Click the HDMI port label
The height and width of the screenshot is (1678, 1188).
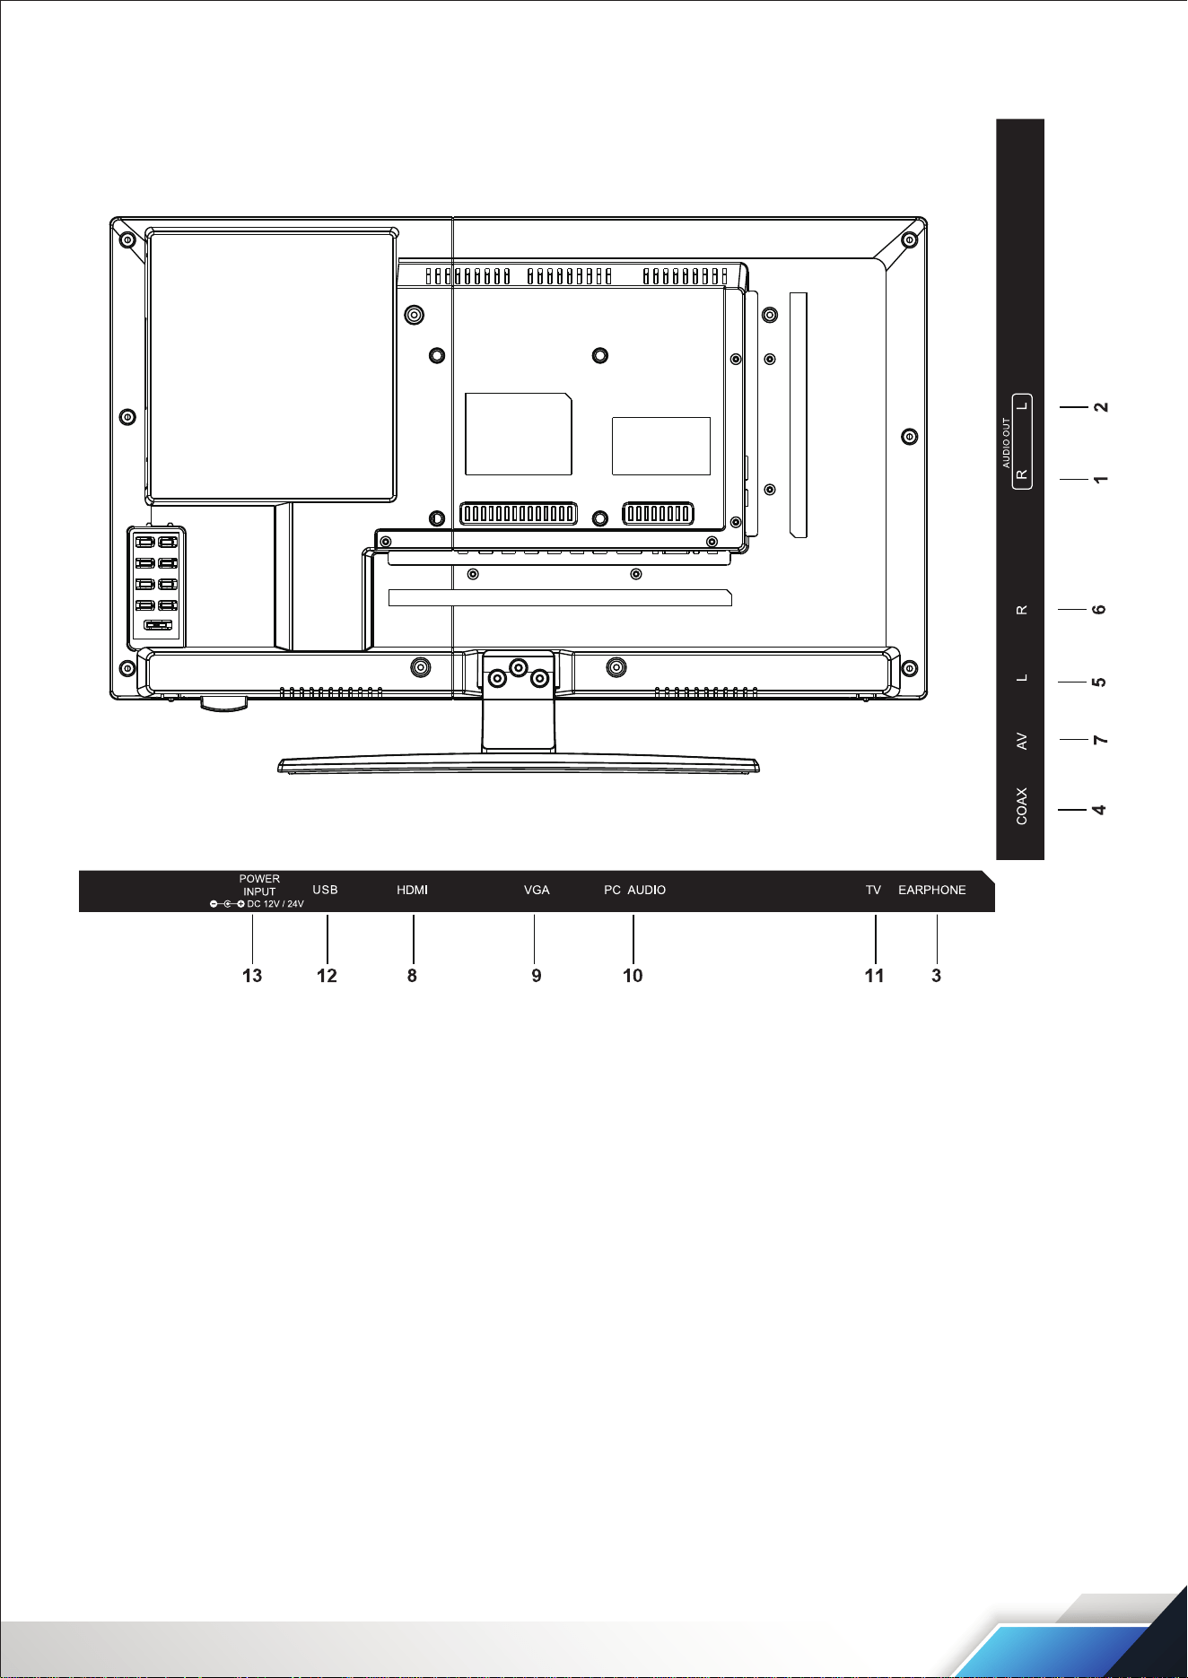[412, 890]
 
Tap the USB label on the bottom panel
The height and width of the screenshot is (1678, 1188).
[325, 890]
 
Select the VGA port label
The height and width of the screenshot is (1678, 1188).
[537, 890]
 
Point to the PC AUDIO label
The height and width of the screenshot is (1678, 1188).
[634, 890]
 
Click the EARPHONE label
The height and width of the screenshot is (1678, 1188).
[932, 890]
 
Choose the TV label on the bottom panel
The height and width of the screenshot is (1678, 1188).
[873, 890]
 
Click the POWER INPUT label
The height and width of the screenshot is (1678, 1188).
[259, 885]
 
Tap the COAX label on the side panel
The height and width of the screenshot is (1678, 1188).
[1021, 806]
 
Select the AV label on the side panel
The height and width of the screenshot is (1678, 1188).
[1021, 742]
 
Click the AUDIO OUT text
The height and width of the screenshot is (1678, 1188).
[1006, 443]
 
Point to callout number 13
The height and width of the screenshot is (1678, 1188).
[252, 976]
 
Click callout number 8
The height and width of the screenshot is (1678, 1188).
[412, 976]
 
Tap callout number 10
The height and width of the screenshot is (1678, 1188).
[633, 976]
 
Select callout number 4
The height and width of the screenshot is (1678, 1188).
[1098, 810]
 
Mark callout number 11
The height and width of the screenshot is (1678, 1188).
[874, 976]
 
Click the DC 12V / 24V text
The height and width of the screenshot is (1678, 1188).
[275, 904]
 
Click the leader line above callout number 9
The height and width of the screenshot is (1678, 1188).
[535, 936]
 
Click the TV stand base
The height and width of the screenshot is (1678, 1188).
[519, 765]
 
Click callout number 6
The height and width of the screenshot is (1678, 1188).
[1098, 610]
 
